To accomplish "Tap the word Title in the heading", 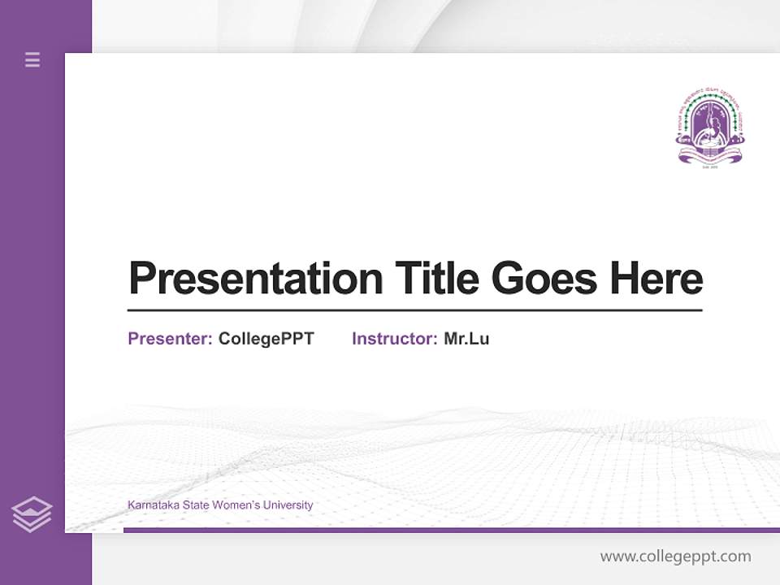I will pyautogui.click(x=436, y=279).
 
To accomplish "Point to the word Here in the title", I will pyautogui.click(x=656, y=279).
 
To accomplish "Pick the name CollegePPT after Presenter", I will pyautogui.click(x=266, y=339).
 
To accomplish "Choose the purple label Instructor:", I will pyautogui.click(x=395, y=339).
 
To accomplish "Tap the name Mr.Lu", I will pyautogui.click(x=466, y=339).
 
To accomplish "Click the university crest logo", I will pyautogui.click(x=710, y=126).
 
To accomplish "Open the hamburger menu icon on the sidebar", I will pyautogui.click(x=32, y=59).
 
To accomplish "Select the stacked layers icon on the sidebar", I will pyautogui.click(x=32, y=514).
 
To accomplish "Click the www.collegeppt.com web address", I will pyautogui.click(x=675, y=557).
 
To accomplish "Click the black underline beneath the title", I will pyautogui.click(x=414, y=310).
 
